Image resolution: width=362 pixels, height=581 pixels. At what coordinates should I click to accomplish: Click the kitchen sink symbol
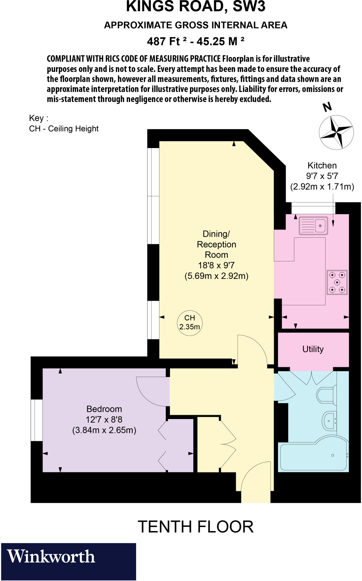(313, 226)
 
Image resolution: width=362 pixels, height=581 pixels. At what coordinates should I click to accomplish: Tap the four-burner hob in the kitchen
(337, 282)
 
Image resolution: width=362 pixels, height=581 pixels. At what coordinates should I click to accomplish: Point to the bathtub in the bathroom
(313, 457)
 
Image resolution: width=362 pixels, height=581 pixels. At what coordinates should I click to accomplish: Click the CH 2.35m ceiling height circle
(190, 323)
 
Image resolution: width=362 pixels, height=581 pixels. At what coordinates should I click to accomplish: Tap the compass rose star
(336, 132)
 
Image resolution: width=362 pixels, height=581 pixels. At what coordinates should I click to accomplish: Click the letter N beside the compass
(327, 107)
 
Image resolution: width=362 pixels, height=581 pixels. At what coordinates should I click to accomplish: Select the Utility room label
(313, 349)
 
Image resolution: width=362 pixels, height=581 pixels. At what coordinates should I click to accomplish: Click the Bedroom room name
(104, 409)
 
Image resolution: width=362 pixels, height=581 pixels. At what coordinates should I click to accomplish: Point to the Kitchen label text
(322, 165)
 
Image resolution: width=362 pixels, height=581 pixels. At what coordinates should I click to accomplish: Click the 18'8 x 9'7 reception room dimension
(216, 265)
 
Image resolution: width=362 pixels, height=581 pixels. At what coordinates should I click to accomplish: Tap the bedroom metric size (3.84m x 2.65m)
(104, 430)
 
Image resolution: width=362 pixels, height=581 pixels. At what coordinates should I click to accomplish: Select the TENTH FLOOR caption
(195, 527)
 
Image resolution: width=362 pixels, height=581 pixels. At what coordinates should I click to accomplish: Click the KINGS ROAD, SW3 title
(195, 7)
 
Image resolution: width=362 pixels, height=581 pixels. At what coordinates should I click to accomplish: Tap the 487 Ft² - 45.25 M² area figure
(195, 41)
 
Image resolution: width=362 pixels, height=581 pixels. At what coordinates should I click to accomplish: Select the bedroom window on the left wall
(37, 420)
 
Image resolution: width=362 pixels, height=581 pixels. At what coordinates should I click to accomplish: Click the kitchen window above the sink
(313, 208)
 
